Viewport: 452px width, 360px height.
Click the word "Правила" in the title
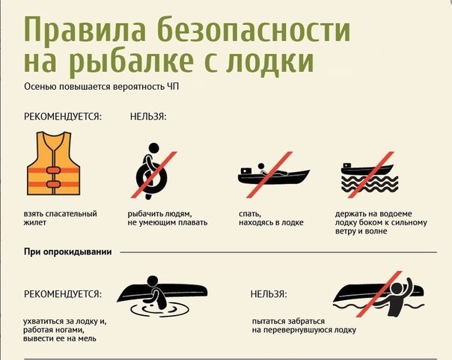coord(85,29)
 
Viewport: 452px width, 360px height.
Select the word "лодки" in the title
coord(270,61)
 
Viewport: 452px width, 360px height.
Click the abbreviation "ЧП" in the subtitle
coord(173,87)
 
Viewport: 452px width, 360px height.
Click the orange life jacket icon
coord(53,163)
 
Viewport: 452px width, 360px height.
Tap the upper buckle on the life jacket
coord(53,170)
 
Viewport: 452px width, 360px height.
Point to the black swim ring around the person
coord(152,177)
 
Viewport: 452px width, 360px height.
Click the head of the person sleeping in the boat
coord(261,166)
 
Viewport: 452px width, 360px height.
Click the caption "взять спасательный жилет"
coord(61,219)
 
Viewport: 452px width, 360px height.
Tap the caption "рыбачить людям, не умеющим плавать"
coord(168,219)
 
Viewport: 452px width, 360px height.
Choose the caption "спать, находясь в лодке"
coord(271,219)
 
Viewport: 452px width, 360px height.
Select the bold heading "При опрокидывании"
coord(68,252)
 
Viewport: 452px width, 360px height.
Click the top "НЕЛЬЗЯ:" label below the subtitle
coord(148,117)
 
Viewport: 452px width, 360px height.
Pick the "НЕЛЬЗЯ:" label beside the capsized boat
coord(269,294)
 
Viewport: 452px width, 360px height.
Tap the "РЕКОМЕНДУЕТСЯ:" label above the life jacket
coord(63,117)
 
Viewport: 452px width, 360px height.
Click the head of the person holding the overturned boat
coord(153,281)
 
